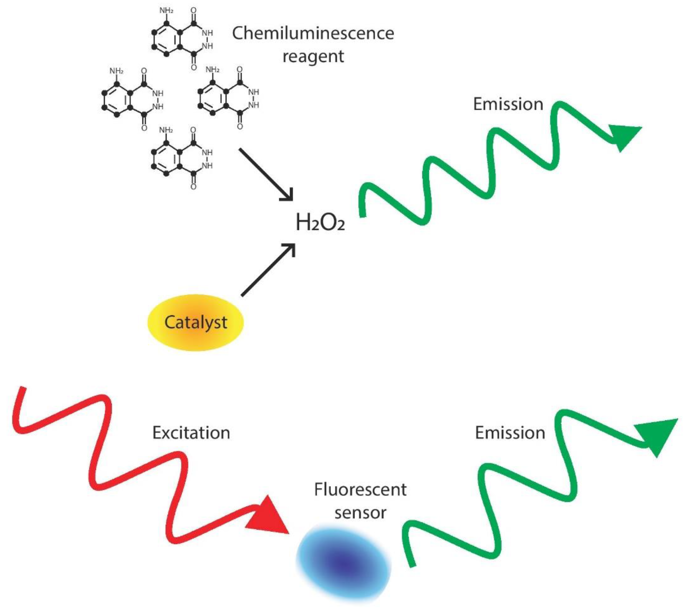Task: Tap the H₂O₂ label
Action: click(x=320, y=223)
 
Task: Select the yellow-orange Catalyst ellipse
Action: click(x=196, y=323)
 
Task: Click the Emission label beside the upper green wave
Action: click(x=508, y=104)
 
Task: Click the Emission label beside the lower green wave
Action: click(x=510, y=433)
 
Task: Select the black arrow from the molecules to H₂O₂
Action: click(x=265, y=174)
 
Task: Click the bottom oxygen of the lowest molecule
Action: click(x=193, y=187)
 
